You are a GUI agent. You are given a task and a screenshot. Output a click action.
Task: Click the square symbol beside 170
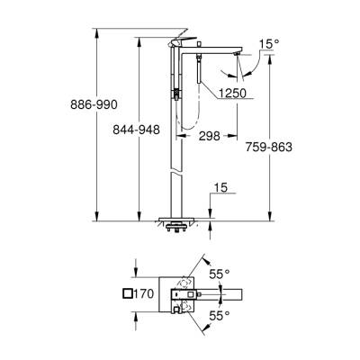point(126,293)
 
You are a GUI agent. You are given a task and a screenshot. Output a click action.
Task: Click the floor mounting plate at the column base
point(184,219)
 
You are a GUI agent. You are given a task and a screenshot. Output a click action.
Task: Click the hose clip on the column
point(177,91)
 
